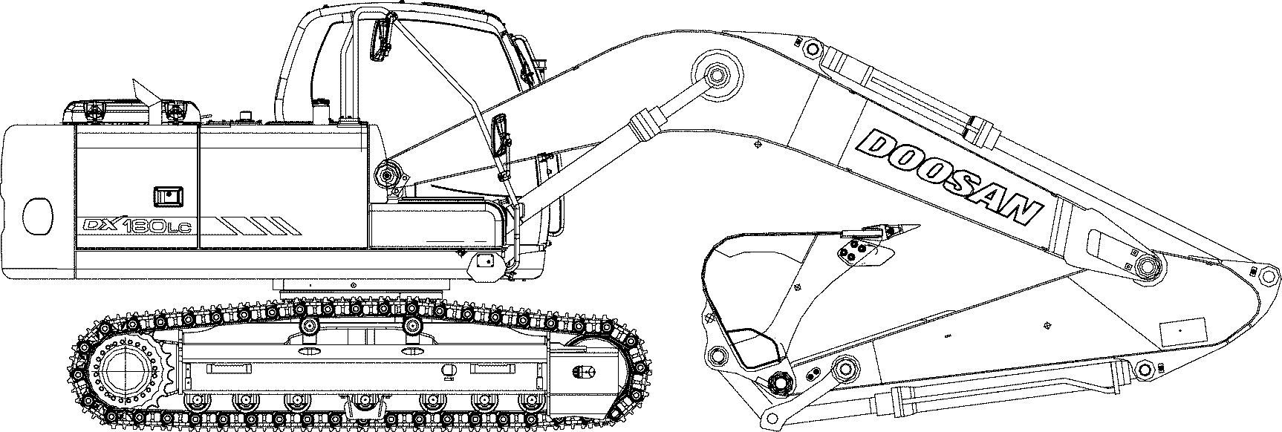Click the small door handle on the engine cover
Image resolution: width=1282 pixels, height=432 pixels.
coord(167,197)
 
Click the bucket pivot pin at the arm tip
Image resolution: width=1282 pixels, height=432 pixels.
coord(781,382)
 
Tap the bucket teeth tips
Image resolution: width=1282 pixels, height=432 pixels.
coord(898,227)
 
